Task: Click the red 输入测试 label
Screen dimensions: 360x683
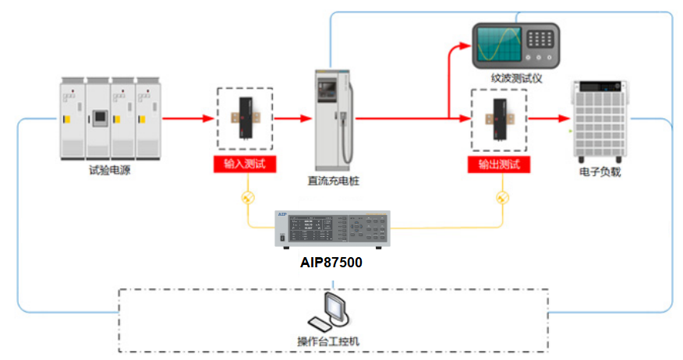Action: pos(245,164)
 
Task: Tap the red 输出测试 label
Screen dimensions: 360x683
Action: pos(499,164)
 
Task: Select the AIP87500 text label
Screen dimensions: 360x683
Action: pos(331,263)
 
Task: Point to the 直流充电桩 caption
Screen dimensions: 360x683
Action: pos(333,181)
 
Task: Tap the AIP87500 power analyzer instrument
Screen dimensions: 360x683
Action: pos(331,228)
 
